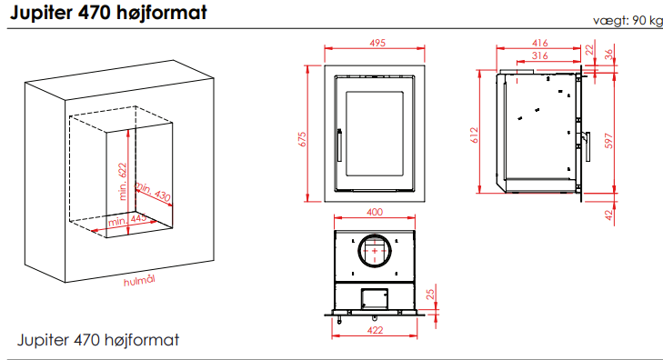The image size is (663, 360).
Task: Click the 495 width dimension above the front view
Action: click(x=377, y=43)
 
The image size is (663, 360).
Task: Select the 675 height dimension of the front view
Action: click(x=302, y=139)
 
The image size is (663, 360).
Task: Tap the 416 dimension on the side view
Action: click(x=540, y=43)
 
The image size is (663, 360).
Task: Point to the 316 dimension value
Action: click(x=540, y=55)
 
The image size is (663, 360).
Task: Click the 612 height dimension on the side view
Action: click(x=475, y=135)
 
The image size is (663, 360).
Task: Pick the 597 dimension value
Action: click(x=608, y=141)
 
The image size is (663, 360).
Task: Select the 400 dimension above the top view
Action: click(x=375, y=212)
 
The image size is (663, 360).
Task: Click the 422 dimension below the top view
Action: click(x=375, y=330)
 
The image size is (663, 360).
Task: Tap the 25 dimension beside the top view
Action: click(x=430, y=295)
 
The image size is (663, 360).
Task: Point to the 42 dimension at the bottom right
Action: click(x=608, y=215)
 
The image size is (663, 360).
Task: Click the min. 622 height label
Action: click(x=123, y=181)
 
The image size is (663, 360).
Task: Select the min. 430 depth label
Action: click(x=153, y=192)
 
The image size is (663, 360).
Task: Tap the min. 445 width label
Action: click(x=127, y=220)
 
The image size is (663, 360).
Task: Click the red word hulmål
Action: click(x=139, y=281)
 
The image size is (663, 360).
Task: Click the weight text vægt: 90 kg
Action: click(x=628, y=20)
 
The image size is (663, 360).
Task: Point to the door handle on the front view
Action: click(x=339, y=145)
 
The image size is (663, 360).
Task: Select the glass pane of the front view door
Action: click(x=375, y=134)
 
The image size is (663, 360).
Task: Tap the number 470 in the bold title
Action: click(x=94, y=13)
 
